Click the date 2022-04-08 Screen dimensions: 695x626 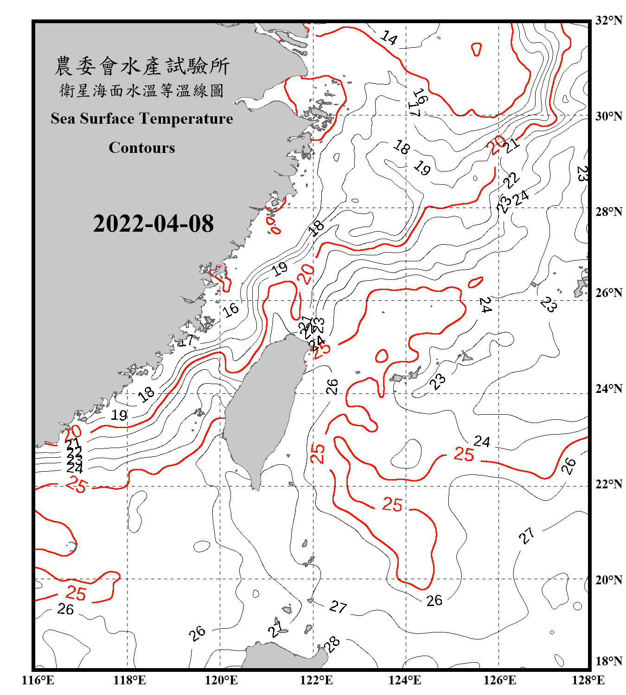[153, 224]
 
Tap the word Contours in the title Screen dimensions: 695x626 [142, 148]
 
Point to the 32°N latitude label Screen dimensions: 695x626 [609, 20]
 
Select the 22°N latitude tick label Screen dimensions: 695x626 [609, 484]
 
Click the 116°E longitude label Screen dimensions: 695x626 [38, 680]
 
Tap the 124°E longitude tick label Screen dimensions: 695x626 [405, 680]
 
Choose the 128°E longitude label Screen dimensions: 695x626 [588, 680]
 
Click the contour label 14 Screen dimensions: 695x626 [389, 38]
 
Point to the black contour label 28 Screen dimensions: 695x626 [332, 644]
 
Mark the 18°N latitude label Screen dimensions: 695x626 [609, 661]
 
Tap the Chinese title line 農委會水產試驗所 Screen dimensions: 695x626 [142, 66]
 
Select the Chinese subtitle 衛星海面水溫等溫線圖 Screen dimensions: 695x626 [142, 90]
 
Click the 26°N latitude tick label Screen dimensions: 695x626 [609, 293]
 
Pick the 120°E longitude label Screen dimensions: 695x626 [221, 680]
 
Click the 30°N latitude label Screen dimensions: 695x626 [609, 116]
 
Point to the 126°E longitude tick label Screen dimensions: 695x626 [499, 680]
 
